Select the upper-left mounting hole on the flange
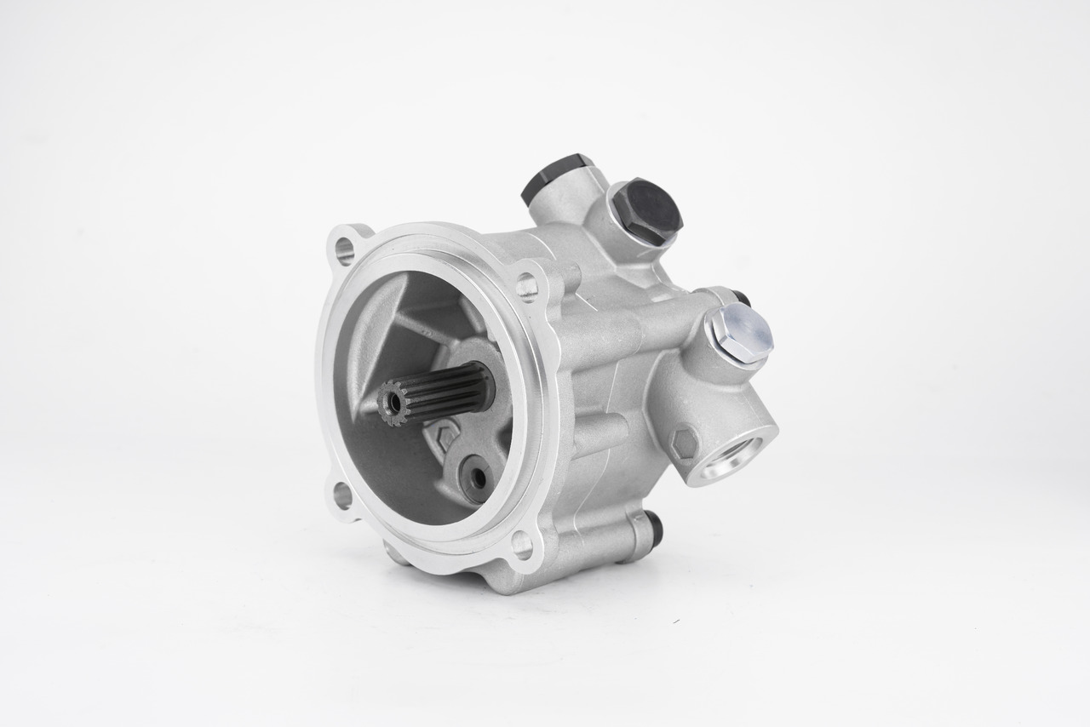click(345, 249)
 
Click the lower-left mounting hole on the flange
click(342, 495)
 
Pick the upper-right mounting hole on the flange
click(526, 285)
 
